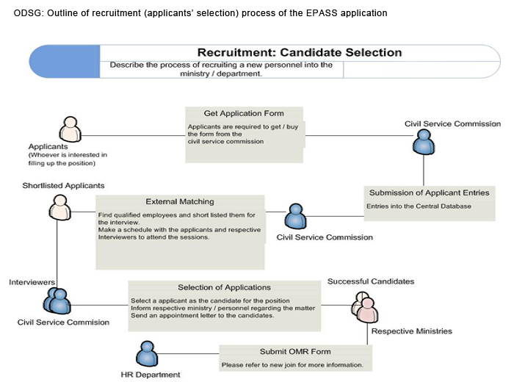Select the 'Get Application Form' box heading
pos(244,113)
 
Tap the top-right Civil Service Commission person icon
pos(423,141)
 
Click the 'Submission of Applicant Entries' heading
pos(429,192)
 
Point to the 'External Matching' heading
pos(180,201)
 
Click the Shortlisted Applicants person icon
pos(57,206)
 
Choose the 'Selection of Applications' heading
pos(224,287)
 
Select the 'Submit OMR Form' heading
pos(294,351)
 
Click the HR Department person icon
pos(148,354)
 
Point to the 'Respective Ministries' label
pos(411,331)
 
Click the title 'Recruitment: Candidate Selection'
pos(300,53)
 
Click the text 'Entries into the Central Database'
pos(419,206)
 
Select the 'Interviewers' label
pos(32,282)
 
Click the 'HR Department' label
pos(150,375)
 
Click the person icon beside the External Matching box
pos(295,217)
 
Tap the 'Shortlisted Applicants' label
pos(63,186)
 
